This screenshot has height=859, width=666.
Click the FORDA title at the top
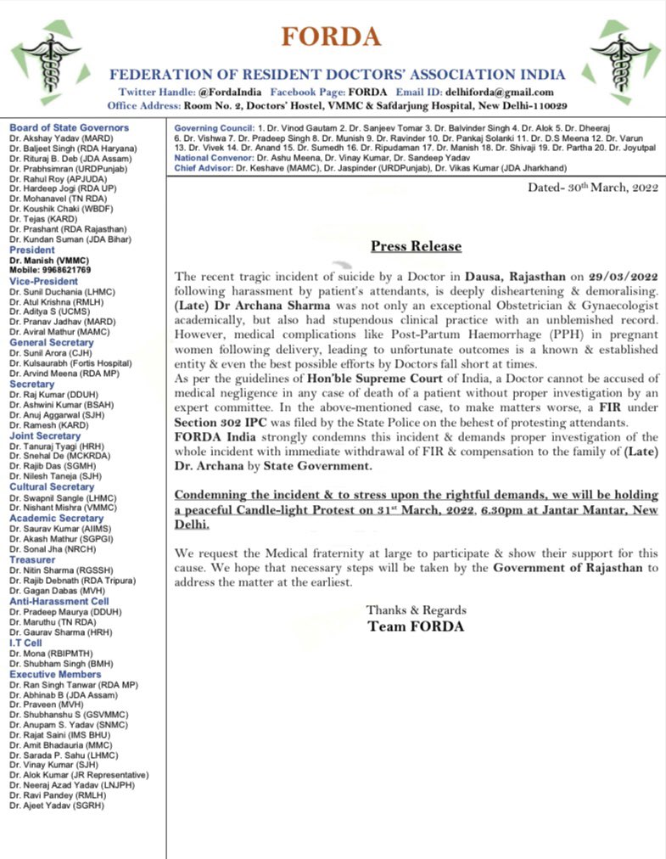point(333,37)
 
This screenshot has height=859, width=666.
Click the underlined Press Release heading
point(416,246)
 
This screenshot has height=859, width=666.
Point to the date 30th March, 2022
point(597,186)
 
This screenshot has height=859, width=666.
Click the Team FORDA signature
point(416,626)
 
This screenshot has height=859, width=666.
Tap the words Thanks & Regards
point(416,610)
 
